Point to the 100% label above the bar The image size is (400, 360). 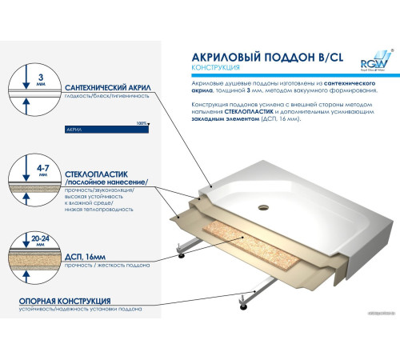[142, 122]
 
